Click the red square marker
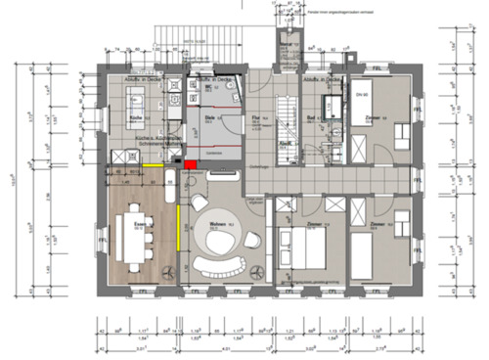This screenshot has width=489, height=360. (x=192, y=163)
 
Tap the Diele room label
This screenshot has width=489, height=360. (x=209, y=116)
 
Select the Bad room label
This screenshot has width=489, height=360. (x=310, y=116)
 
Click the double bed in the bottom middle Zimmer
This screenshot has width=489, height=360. (x=302, y=249)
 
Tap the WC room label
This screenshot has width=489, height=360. (x=208, y=86)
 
